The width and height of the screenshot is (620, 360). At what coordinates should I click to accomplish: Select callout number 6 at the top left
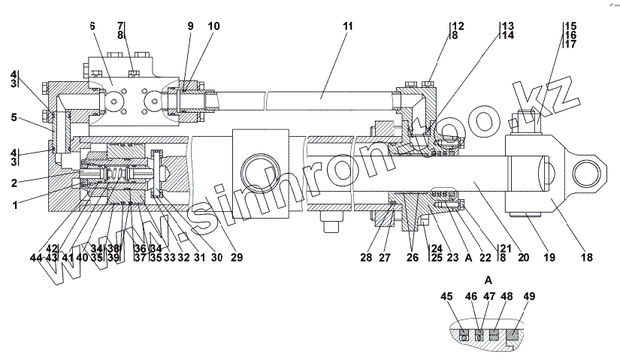[92, 26]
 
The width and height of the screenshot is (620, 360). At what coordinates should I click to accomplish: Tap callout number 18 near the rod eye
[587, 258]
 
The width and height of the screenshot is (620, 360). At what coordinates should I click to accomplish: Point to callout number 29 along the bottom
[237, 258]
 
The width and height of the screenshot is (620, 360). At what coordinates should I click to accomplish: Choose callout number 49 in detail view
[529, 297]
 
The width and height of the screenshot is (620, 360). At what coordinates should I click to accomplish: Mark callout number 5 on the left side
[14, 117]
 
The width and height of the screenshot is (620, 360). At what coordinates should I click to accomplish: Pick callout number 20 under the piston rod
[524, 258]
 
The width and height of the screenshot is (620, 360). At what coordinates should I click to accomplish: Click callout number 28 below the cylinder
[366, 258]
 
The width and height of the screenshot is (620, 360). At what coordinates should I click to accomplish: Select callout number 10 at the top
[214, 26]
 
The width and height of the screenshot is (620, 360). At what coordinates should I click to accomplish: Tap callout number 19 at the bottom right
[550, 258]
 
